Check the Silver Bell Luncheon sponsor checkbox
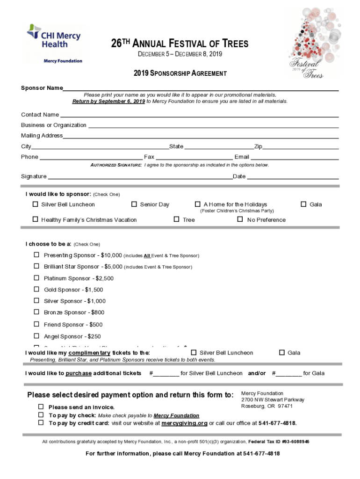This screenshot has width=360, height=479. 35,204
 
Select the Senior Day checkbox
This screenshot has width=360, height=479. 134,204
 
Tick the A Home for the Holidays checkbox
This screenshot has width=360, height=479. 197,204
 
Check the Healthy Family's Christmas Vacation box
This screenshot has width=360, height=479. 35,219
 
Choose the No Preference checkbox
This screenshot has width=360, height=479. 240,219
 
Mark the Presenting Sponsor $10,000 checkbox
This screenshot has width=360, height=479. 36,255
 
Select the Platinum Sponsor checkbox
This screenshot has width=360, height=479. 36,278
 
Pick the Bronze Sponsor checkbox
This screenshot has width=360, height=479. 36,312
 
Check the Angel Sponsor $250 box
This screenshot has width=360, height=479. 36,336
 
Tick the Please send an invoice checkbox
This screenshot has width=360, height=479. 41,407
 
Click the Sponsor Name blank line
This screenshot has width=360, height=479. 201,89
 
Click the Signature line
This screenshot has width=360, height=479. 140,178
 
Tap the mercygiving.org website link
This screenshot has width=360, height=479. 184,423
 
